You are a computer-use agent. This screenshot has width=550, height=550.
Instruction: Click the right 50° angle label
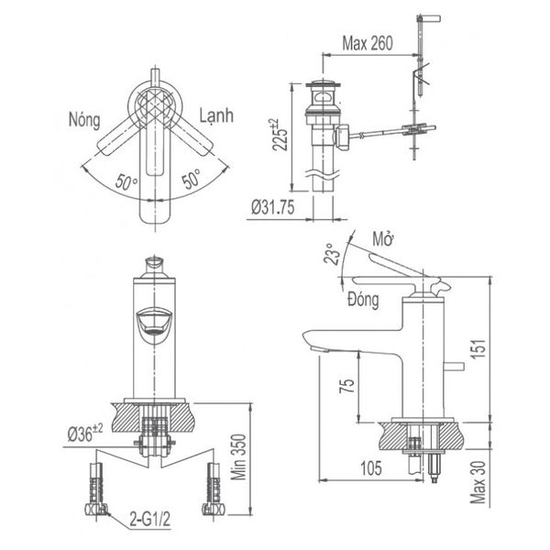tap(191, 180)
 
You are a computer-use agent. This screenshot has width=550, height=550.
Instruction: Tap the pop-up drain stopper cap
tap(321, 89)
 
